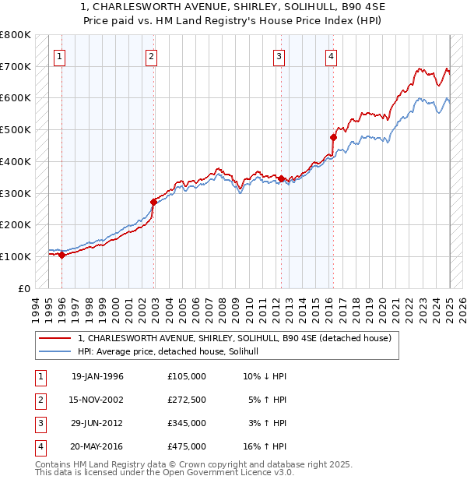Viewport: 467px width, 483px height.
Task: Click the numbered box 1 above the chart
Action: tap(60, 55)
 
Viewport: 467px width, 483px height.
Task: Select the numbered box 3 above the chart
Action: tap(279, 55)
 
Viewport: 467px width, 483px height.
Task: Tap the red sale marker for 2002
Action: tap(154, 202)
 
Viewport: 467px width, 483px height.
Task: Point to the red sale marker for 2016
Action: tap(332, 137)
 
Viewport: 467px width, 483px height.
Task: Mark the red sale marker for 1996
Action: tap(61, 255)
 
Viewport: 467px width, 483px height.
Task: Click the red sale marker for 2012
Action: tap(281, 178)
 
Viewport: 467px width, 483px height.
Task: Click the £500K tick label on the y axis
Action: tap(15, 129)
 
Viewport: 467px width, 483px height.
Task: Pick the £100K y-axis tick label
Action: tap(15, 256)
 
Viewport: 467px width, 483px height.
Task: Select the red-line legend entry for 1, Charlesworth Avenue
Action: tap(238, 338)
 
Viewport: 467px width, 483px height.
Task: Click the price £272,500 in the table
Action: tap(187, 400)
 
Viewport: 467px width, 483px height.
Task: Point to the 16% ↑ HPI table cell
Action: tap(265, 446)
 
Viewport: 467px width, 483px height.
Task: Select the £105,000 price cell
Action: tap(187, 376)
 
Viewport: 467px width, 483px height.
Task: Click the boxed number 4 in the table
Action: tap(39, 446)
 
